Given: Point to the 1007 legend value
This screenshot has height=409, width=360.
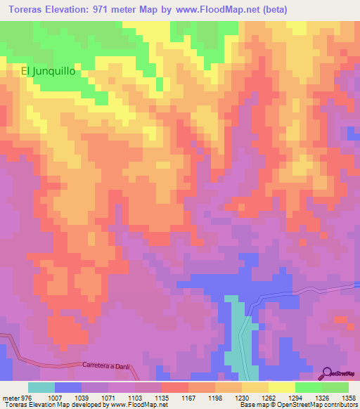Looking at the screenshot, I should click(x=54, y=397).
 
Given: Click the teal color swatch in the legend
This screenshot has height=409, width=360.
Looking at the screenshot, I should click(x=41, y=387).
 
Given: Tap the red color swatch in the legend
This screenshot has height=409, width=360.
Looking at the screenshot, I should click(x=175, y=387).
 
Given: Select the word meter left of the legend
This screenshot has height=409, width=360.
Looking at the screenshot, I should click(x=10, y=397).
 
